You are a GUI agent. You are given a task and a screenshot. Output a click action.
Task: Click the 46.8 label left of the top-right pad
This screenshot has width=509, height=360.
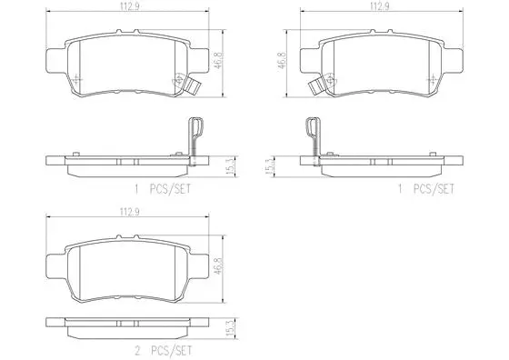[281, 62]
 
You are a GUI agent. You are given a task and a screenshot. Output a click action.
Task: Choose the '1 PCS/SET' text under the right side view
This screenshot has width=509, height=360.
[423, 188]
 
